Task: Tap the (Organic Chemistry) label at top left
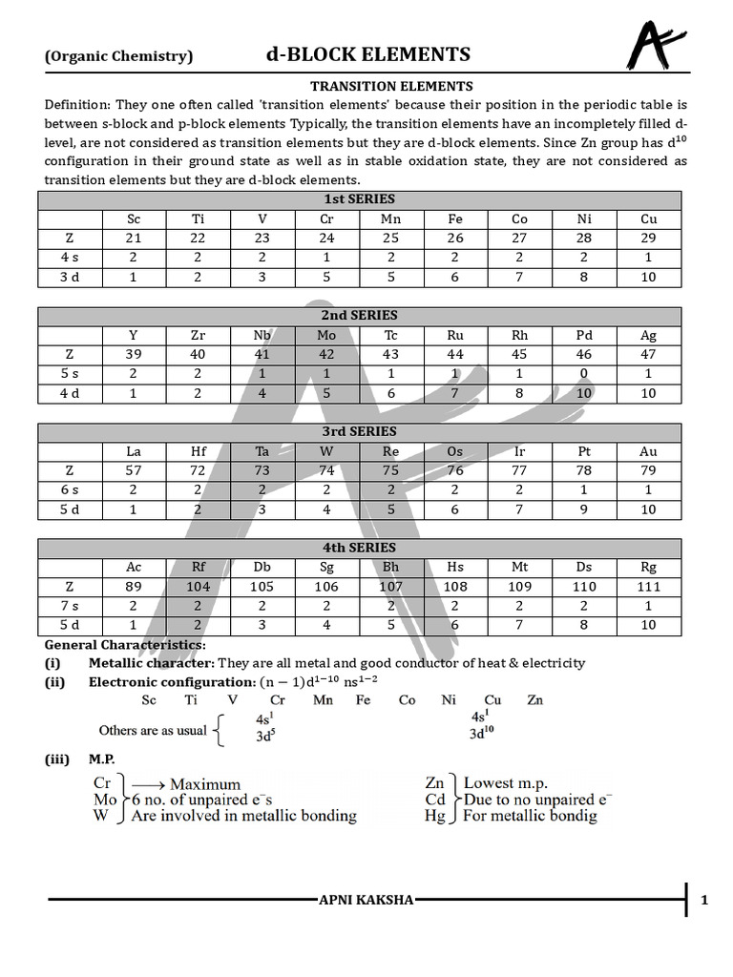[x=118, y=56]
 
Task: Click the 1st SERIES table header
[x=360, y=199]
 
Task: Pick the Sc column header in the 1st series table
[x=134, y=219]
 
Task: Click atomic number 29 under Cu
[x=649, y=239]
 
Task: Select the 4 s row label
[x=70, y=258]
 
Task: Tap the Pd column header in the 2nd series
[x=584, y=335]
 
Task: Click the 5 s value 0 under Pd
[x=584, y=373]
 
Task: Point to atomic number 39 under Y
[x=134, y=354]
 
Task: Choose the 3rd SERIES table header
[x=360, y=431]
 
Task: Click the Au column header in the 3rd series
[x=649, y=451]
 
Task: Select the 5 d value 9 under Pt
[x=584, y=509]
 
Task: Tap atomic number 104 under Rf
[x=198, y=587]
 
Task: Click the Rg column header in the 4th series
[x=649, y=567]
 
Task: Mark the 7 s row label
[x=70, y=606]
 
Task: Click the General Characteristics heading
[x=124, y=645]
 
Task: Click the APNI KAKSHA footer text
[x=366, y=900]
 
